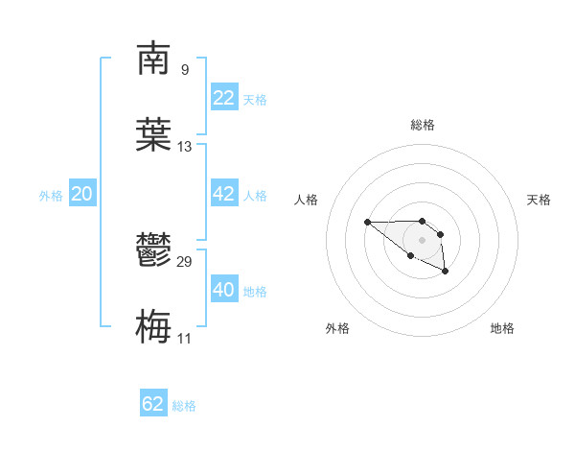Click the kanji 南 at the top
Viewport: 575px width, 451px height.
153,59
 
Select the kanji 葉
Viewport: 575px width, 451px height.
153,134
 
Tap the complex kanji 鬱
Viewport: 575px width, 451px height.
153,252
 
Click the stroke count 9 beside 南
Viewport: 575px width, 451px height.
184,70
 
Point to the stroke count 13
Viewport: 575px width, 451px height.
185,147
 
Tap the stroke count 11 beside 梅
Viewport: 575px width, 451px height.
185,338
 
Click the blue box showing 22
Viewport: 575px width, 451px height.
223,98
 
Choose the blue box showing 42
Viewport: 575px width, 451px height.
223,194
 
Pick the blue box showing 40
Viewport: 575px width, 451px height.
223,290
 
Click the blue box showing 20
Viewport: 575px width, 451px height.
81,194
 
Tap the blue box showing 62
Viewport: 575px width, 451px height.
153,404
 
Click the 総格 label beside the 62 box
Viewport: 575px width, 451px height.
184,406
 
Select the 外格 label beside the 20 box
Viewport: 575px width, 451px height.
51,196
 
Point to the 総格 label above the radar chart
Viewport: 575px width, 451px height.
423,125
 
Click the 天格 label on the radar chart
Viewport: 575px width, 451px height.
539,200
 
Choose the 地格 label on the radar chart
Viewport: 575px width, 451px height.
502,328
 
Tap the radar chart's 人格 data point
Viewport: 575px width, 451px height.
367,223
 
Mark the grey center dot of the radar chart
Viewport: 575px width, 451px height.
422,240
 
